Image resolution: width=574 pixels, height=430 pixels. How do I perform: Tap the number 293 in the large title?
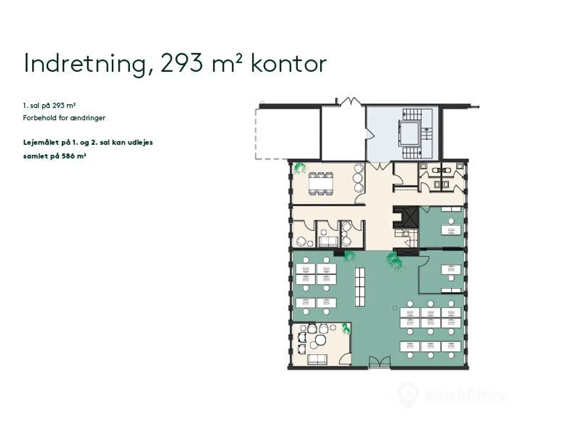(181, 63)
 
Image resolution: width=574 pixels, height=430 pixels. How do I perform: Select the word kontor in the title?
(288, 63)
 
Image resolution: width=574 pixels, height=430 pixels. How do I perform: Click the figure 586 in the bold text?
(69, 156)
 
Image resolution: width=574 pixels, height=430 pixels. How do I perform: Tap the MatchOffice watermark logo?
(452, 396)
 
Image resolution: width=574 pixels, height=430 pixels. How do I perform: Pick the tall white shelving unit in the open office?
(360, 287)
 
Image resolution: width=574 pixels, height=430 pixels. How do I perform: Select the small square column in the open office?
(395, 308)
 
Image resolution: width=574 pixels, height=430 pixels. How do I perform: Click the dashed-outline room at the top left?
(288, 134)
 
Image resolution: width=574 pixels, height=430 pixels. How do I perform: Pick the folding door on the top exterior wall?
(350, 102)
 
